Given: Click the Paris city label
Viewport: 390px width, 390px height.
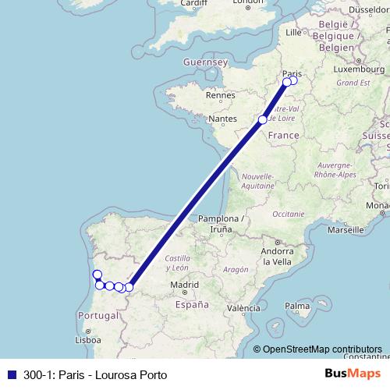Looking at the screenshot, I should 292,67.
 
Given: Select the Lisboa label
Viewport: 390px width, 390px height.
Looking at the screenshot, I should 87,340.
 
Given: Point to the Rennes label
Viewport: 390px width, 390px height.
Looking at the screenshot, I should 221,97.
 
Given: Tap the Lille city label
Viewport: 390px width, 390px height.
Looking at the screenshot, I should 293,33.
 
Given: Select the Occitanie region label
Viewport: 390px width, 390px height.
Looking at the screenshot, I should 289,213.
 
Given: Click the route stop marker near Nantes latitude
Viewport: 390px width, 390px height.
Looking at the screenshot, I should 263,119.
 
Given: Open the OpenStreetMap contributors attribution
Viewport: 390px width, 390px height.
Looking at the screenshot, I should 322,349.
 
